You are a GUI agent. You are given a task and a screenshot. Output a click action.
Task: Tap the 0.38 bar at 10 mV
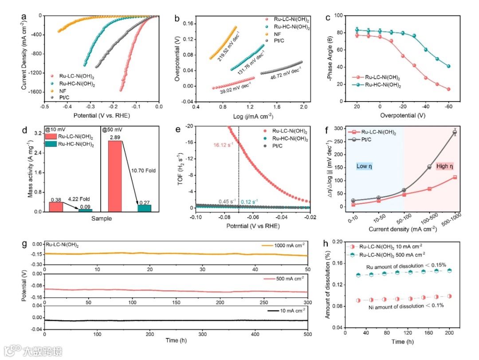(56, 207)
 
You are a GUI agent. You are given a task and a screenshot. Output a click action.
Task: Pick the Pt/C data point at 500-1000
(455, 132)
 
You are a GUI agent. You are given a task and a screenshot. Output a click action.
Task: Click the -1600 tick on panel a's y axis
(34, 92)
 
